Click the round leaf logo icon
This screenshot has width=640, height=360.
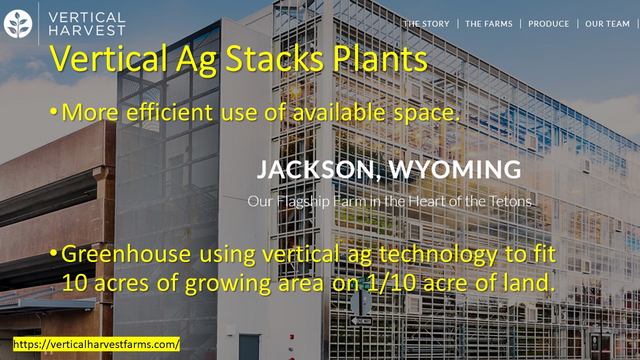[18, 24]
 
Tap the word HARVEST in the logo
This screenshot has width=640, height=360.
[87, 30]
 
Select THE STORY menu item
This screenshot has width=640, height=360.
[426, 23]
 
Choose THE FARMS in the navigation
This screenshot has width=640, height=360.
[489, 23]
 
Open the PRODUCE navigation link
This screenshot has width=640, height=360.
[548, 23]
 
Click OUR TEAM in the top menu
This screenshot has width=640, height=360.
[607, 23]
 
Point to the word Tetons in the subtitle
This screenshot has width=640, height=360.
[511, 201]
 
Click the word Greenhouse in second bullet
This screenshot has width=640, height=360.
[126, 254]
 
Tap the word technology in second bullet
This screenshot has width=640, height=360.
[437, 255]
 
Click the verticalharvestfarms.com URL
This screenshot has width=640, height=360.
[96, 344]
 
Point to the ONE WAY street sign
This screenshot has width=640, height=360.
[361, 321]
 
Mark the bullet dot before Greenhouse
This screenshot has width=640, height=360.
[53, 253]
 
